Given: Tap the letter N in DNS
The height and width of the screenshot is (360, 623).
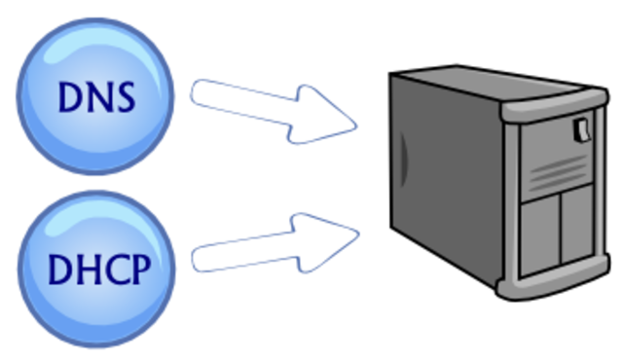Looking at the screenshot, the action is [98, 96].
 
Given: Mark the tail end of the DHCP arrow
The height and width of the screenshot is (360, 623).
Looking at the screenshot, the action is [200, 258].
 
